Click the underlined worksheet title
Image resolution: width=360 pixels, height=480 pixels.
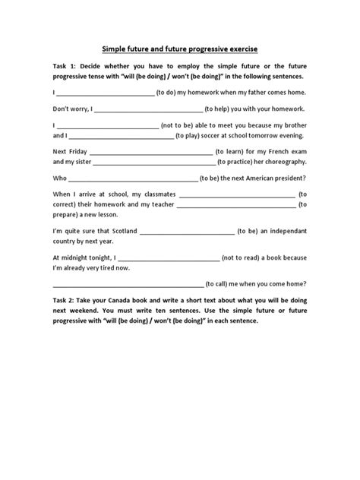(x=180, y=49)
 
